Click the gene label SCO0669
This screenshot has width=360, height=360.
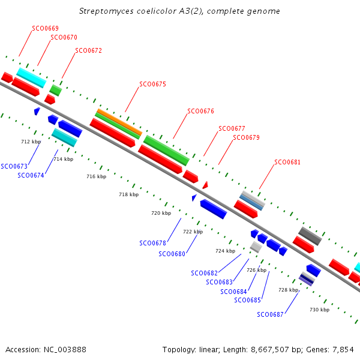pos(45,28)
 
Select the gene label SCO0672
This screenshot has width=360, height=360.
pos(89,50)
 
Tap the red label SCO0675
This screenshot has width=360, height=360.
pos(152,85)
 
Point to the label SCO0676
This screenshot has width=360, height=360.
pos(200,111)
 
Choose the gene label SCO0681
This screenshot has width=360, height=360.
pos(287,162)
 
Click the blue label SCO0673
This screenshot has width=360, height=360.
pos(14,166)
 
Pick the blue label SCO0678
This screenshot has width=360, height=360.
pos(152,243)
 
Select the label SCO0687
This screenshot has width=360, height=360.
pos(270,314)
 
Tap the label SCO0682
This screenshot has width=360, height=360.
pos(204,273)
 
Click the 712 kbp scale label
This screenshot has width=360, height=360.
pos(31,142)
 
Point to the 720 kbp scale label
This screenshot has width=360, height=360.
pos(161,213)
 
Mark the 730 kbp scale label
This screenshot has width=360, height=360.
pos(319,310)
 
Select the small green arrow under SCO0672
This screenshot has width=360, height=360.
pos(56,90)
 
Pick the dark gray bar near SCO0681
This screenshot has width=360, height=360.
pos(310,235)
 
